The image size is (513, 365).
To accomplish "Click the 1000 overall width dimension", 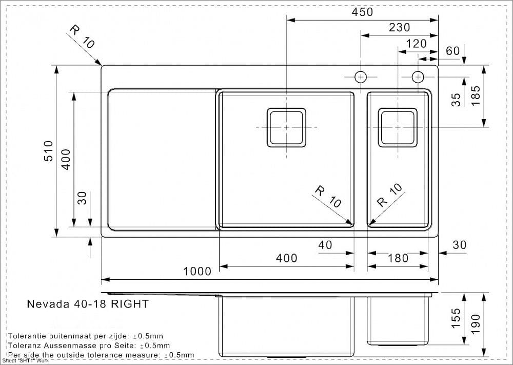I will tap(198, 271).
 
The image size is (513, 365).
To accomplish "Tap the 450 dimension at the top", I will tap(362, 12).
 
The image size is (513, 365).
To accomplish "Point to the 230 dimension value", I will tap(399, 28).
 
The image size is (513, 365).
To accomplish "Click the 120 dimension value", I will tap(416, 44).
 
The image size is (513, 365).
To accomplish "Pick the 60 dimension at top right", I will tap(453, 51).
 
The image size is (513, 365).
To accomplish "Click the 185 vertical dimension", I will tap(476, 95).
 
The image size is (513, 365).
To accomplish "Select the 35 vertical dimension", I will tap(456, 100).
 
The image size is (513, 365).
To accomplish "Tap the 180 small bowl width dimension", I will tap(398, 258).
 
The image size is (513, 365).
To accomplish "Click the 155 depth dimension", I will tap(456, 318).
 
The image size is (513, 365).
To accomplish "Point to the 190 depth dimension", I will tap(476, 324).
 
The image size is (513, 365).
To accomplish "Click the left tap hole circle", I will tap(361, 77).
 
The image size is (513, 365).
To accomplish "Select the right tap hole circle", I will tap(418, 77).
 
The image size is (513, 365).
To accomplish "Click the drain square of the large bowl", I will tap(286, 127).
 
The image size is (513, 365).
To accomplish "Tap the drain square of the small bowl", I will tap(398, 127).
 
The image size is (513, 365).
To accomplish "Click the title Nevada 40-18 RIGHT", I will tap(88, 304).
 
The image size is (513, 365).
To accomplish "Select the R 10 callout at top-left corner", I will tap(82, 37).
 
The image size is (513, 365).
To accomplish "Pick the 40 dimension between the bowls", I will tap(325, 245).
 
